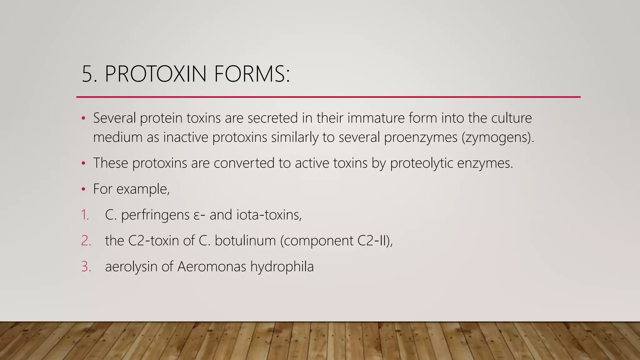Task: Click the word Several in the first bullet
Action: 114,118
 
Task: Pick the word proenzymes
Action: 421,137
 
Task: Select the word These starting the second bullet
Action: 111,163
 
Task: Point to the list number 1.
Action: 85,215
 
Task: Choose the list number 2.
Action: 86,241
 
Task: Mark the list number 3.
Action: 86,267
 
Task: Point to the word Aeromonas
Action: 212,267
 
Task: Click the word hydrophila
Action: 282,267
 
